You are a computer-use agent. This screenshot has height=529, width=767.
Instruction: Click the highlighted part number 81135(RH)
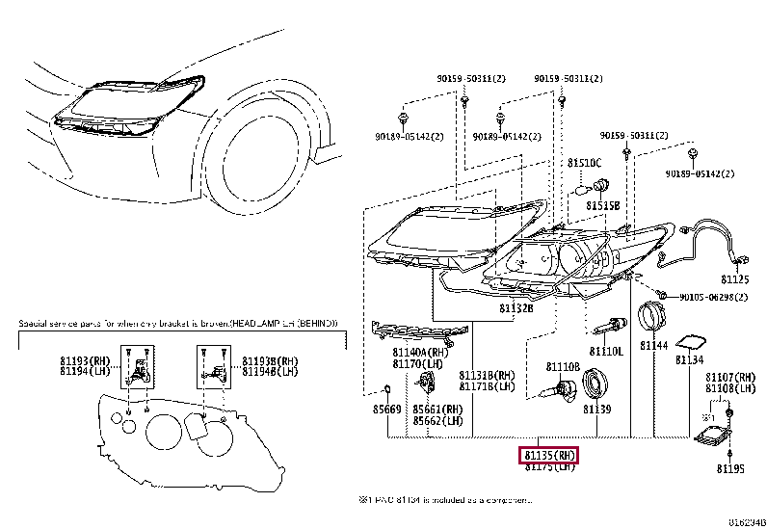[x=549, y=452]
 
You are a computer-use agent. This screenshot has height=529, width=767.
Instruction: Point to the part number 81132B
[x=516, y=308]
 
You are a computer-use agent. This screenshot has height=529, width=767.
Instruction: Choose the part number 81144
[x=655, y=344]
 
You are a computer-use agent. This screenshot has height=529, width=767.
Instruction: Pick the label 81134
[x=689, y=359]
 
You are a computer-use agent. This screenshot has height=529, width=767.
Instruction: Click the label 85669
[x=385, y=410]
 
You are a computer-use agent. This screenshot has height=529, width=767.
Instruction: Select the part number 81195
[x=730, y=469]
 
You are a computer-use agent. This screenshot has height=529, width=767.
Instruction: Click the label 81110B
[x=563, y=366]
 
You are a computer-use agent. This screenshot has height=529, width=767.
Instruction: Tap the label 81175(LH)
[x=549, y=466]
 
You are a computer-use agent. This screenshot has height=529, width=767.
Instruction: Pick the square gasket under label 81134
[x=690, y=341]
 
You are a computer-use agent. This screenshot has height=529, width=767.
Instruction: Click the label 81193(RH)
[x=81, y=360]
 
